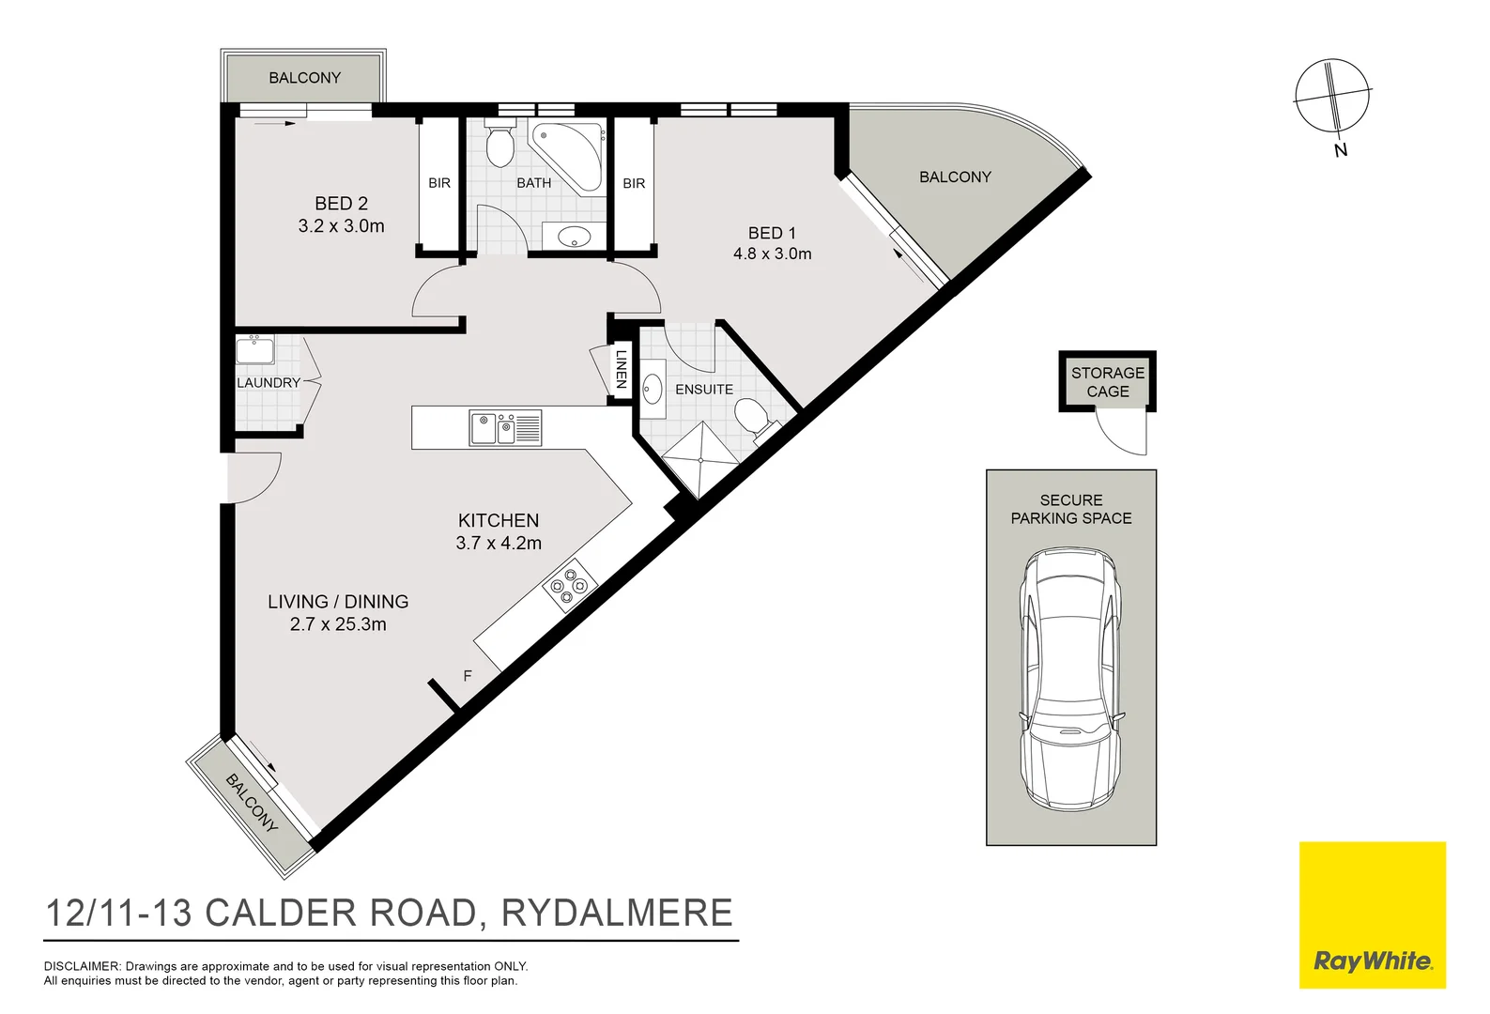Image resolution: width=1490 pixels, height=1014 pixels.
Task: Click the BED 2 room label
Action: click(x=341, y=203)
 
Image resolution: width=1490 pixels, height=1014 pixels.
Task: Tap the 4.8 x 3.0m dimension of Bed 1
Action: click(x=772, y=253)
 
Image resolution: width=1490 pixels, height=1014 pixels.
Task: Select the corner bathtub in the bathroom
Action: click(x=569, y=154)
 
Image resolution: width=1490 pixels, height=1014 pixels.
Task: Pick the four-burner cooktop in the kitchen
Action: click(x=570, y=585)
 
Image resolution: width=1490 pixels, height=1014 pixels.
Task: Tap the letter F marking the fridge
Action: click(x=468, y=675)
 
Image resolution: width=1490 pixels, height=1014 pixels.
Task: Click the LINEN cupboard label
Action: click(x=621, y=369)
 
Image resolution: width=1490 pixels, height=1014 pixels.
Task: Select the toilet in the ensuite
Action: click(x=752, y=416)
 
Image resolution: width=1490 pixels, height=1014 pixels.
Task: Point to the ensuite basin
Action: click(x=653, y=388)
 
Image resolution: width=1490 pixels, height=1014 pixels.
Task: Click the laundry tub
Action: click(x=254, y=350)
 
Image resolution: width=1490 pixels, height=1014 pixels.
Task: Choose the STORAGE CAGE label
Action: click(x=1108, y=381)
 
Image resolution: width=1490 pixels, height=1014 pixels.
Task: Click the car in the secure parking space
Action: click(x=1071, y=679)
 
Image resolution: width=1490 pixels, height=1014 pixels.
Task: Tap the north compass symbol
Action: click(x=1332, y=96)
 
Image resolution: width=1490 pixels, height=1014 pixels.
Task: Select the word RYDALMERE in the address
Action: click(x=617, y=913)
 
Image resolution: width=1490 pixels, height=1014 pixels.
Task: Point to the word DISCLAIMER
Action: click(x=82, y=966)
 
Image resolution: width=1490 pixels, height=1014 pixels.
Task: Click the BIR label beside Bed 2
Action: click(x=439, y=183)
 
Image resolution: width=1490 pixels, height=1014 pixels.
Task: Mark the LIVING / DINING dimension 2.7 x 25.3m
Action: click(x=338, y=624)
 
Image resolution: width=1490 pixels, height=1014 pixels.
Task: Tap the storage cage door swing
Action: click(x=1123, y=433)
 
